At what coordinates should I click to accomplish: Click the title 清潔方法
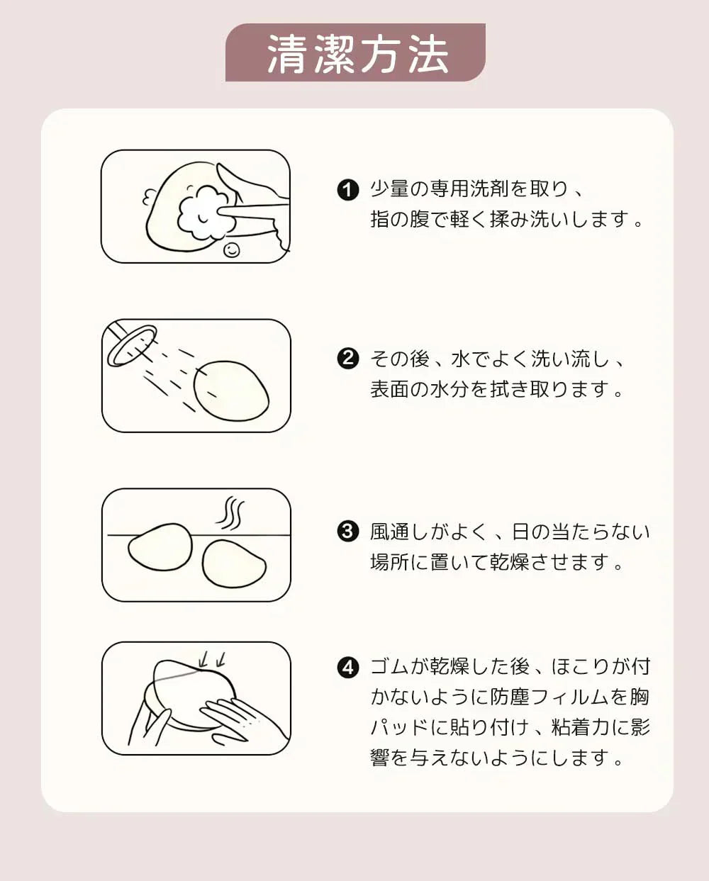(x=356, y=54)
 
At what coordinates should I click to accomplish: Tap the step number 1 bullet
(x=347, y=190)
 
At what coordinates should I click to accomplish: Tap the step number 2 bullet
(x=347, y=359)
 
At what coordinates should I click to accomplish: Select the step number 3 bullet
(x=347, y=531)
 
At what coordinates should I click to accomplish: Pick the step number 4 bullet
(x=347, y=667)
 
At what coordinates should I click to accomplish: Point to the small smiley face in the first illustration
(x=231, y=249)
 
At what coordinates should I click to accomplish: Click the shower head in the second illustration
(x=132, y=344)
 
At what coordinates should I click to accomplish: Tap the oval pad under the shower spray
(x=232, y=391)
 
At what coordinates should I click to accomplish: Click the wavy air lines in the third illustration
(x=231, y=513)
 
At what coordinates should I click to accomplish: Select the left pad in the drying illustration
(x=160, y=547)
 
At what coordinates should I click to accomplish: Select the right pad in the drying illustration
(x=234, y=564)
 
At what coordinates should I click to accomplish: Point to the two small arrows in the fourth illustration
(x=213, y=659)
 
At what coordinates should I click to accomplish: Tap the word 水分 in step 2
(x=450, y=389)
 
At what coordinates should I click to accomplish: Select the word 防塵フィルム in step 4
(x=530, y=697)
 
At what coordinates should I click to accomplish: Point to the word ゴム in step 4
(x=389, y=667)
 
